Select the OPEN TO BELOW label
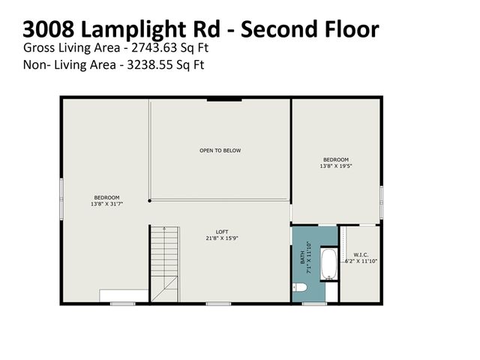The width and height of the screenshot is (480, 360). (220, 151)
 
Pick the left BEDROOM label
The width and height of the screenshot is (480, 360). (106, 197)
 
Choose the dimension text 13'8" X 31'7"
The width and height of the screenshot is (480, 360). (106, 204)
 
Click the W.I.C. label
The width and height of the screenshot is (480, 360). (360, 255)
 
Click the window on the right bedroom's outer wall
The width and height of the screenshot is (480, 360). (382, 202)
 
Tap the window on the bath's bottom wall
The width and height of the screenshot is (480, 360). (314, 303)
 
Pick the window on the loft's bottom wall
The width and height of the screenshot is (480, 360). (218, 303)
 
